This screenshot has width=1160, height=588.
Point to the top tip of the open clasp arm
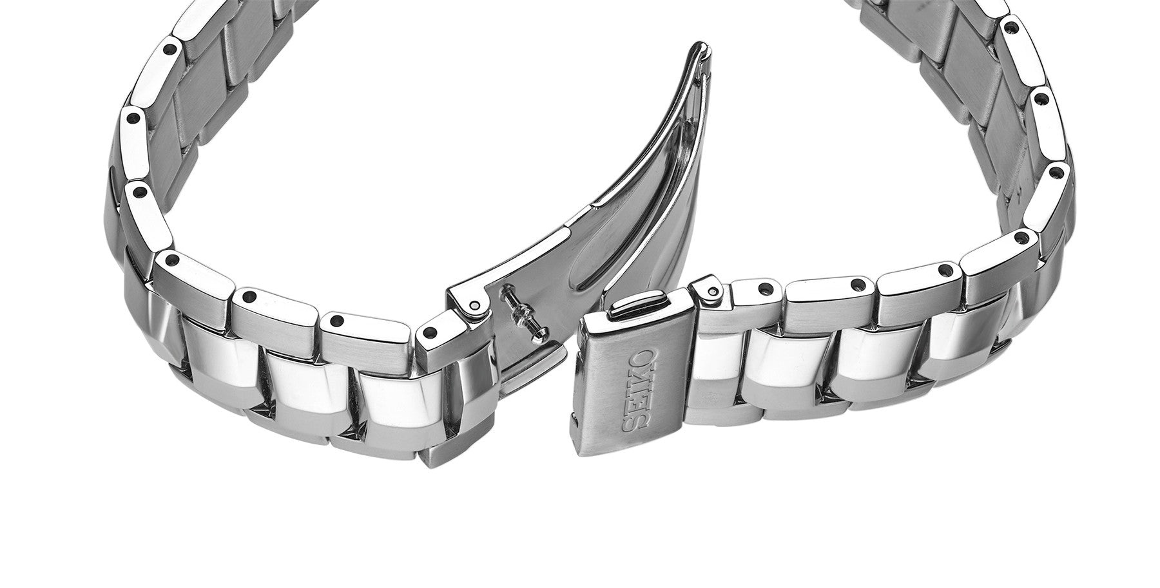(704, 44)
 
